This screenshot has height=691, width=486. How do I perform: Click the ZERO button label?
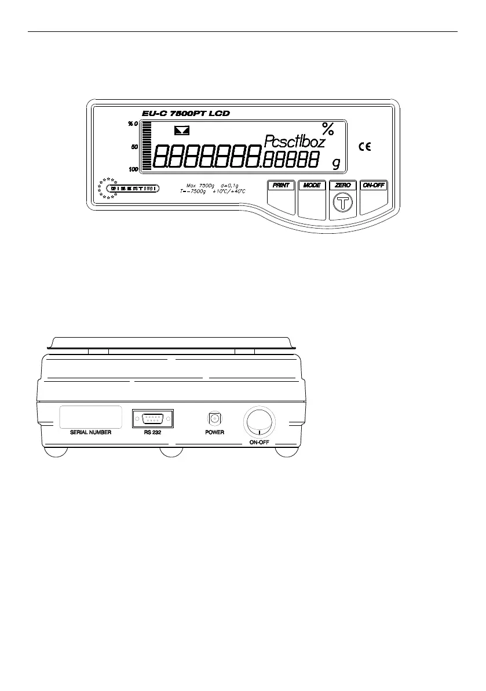pyautogui.click(x=342, y=186)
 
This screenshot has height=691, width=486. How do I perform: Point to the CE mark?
pyautogui.click(x=365, y=147)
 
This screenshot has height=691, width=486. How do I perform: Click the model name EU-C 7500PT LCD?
pyautogui.click(x=185, y=114)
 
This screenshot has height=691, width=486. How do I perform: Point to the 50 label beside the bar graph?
pyautogui.click(x=134, y=147)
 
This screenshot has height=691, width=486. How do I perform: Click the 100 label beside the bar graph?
pyautogui.click(x=133, y=169)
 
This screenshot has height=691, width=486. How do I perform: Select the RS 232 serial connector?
pyautogui.click(x=154, y=418)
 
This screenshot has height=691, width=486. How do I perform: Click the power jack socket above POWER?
pyautogui.click(x=214, y=418)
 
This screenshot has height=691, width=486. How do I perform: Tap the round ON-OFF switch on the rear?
pyautogui.click(x=258, y=421)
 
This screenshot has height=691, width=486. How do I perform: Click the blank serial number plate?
pyautogui.click(x=91, y=417)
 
